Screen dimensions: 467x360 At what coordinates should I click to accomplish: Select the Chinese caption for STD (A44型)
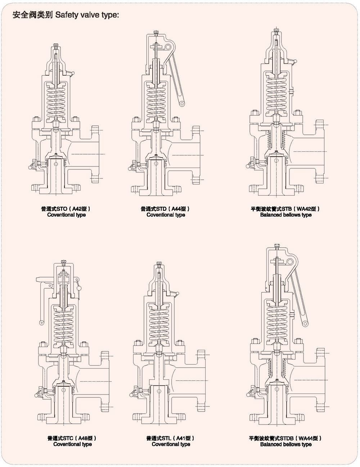(x=165, y=209)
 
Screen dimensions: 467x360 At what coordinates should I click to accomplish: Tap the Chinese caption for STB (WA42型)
(x=285, y=209)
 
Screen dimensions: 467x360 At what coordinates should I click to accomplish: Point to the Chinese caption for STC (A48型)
(x=72, y=438)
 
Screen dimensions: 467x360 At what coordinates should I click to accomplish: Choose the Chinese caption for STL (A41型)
(x=171, y=438)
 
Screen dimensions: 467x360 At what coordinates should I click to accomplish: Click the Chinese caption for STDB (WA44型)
(x=285, y=438)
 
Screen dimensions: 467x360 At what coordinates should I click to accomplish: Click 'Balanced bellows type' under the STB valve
(x=286, y=215)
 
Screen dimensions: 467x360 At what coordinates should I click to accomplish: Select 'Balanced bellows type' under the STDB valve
(x=286, y=444)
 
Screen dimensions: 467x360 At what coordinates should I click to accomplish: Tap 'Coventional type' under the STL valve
(x=171, y=444)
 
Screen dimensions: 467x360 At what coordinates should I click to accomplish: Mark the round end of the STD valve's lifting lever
(x=182, y=104)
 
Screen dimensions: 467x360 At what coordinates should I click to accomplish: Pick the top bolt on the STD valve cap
(x=156, y=34)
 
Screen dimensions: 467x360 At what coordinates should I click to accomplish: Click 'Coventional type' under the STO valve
(x=66, y=215)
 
